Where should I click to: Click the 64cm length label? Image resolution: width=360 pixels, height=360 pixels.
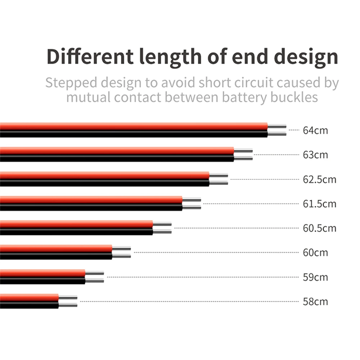point(315,130)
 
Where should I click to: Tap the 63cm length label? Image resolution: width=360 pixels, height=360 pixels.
point(315,155)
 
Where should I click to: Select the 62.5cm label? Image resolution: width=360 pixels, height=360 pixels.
point(319,179)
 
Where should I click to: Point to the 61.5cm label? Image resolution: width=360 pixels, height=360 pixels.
point(319,204)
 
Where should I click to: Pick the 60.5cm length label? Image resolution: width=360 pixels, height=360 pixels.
point(319,228)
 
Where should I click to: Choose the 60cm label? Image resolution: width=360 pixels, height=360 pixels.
point(315,253)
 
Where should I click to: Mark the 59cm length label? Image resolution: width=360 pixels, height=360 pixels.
point(315,277)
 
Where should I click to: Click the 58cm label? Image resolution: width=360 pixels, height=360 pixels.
point(315,302)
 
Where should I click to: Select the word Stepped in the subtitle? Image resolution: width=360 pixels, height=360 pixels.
point(71,83)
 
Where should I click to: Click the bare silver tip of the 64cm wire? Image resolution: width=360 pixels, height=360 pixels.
point(277,130)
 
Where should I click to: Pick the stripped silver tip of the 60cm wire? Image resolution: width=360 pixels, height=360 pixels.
point(121,252)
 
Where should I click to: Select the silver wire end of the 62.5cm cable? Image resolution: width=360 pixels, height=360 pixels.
point(219,179)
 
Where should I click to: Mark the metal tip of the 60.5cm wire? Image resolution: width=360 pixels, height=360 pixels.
point(162,228)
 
